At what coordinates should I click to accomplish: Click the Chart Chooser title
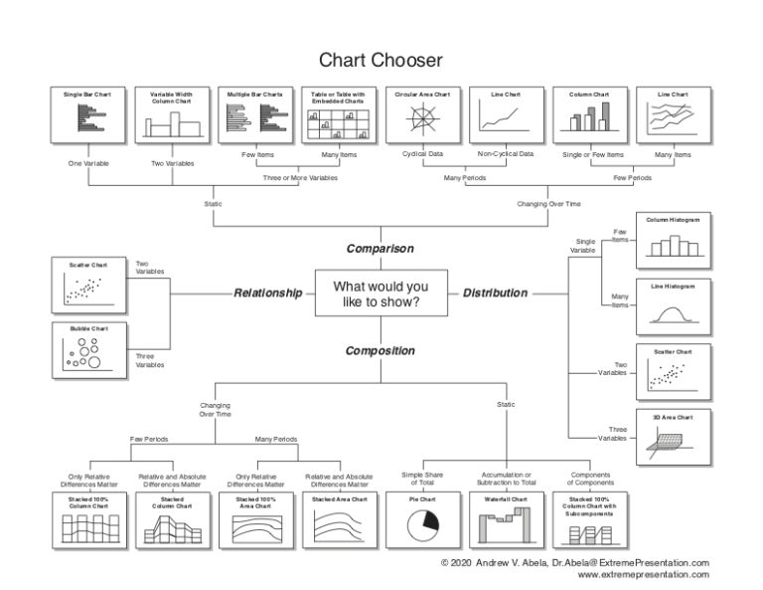[381, 61]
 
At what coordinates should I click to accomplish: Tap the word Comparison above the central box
[380, 248]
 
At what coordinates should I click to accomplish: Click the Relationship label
[266, 294]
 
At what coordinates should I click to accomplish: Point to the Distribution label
[495, 294]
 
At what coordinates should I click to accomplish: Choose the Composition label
[380, 350]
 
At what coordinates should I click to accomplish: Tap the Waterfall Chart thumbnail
[505, 520]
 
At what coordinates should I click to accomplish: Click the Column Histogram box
[675, 238]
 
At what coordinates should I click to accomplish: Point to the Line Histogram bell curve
[675, 313]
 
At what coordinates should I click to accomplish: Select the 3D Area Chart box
[675, 437]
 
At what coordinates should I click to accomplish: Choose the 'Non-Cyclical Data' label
[505, 154]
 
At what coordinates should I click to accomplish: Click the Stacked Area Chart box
[339, 520]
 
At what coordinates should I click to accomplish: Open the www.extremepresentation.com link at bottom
[643, 575]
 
